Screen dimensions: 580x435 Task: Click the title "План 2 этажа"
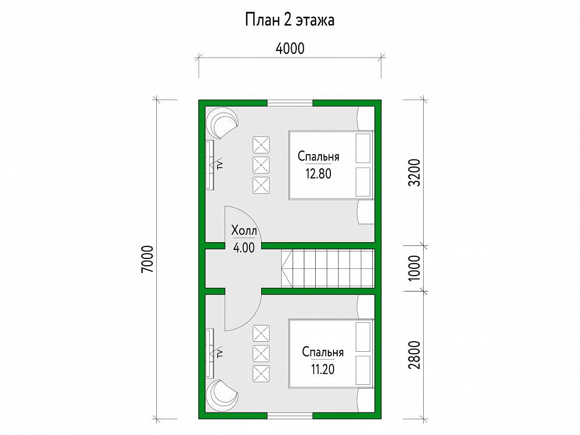pos(289,20)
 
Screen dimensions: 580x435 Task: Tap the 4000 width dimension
pos(290,48)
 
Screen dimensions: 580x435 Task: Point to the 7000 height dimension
pos(147,259)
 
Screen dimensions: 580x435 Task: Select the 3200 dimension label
pos(415,172)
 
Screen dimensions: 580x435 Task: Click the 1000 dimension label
pos(415,268)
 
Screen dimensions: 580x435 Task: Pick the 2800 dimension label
pos(415,355)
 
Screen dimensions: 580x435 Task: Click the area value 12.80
pos(318,173)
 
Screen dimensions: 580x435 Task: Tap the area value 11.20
pos(323,369)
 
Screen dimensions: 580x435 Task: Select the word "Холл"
pos(244,231)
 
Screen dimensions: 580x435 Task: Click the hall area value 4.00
pos(244,247)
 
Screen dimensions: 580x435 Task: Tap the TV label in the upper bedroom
pos(219,165)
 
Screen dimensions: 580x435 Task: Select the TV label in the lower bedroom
pos(219,353)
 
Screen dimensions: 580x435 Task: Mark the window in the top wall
pos(290,103)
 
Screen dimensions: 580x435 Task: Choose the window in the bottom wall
pos(290,416)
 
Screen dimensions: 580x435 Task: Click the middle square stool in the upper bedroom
pos(261,165)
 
